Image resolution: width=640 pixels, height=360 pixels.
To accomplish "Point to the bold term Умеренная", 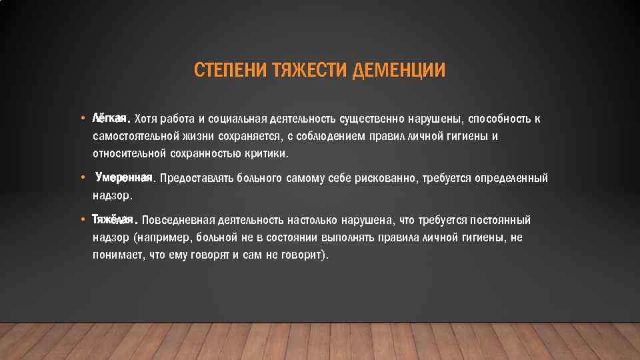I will coord(125,177).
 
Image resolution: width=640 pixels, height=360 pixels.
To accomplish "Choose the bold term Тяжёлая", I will coord(114,219).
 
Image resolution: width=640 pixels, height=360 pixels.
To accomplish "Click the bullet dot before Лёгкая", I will coord(81,119).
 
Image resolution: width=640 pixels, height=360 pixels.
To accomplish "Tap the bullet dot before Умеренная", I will coord(81,178).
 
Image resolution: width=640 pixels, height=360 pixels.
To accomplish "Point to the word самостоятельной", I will coord(134,137).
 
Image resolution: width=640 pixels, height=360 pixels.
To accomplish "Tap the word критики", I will coord(269,154).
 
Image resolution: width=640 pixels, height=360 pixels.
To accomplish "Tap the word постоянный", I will coord(500,221).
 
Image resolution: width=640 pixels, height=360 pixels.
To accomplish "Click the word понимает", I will coord(118,255).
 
